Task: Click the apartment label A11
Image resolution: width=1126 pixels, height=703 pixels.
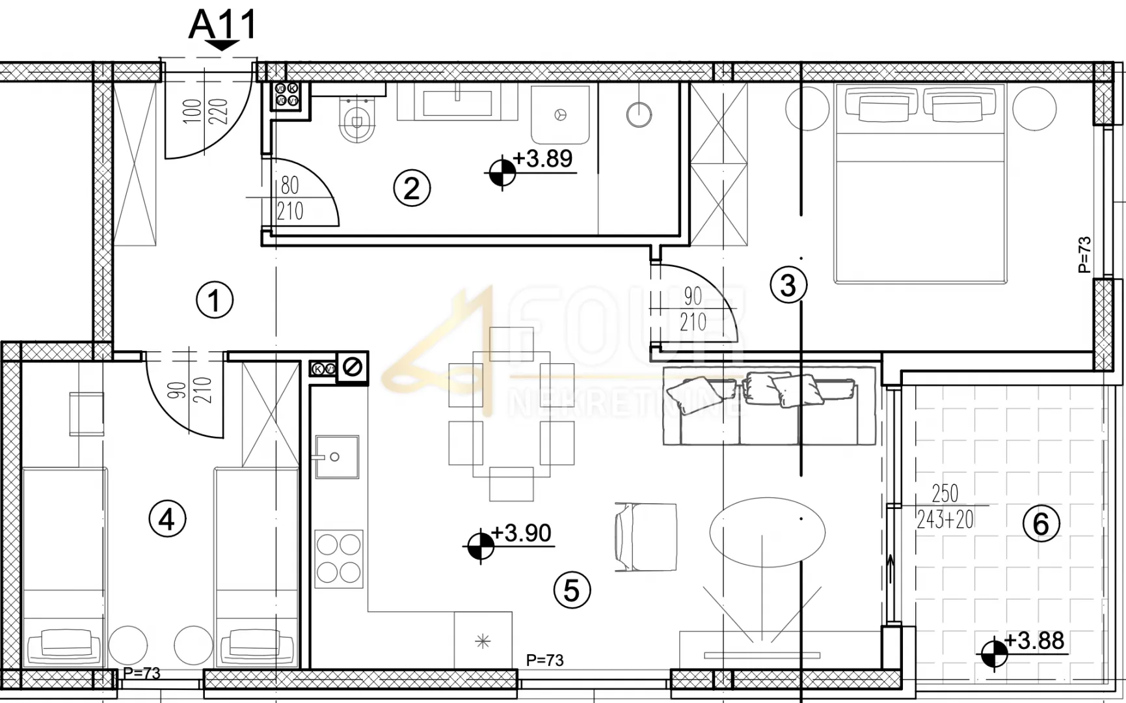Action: point(222,25)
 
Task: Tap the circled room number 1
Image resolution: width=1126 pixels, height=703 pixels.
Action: point(215,300)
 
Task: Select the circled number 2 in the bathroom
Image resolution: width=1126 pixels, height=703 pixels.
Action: point(412,188)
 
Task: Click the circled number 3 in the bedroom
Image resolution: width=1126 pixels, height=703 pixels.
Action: point(788,285)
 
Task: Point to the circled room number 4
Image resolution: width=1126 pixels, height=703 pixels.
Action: point(167,519)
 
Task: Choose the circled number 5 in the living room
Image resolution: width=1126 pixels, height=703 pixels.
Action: point(572,590)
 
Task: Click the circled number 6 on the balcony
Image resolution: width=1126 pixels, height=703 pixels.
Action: point(1041,523)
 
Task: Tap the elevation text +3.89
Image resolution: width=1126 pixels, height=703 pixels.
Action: point(543,158)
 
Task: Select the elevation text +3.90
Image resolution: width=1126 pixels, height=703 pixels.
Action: point(521,533)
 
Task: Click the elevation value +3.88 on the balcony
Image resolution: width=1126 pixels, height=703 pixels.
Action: point(1034,641)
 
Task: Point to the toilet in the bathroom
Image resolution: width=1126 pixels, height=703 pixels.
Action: point(357,119)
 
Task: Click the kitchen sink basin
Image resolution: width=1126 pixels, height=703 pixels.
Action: point(337,457)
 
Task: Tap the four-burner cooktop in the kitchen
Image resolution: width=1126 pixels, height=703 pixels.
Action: point(339,558)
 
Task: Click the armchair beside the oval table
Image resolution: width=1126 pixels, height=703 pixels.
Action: point(645,537)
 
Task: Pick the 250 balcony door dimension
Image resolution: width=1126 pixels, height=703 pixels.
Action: point(945,493)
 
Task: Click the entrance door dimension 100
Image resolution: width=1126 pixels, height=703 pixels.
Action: point(193,112)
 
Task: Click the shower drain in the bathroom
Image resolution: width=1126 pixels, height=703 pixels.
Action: point(560,115)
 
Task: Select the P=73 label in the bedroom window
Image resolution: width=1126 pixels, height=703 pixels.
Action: point(1084,255)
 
